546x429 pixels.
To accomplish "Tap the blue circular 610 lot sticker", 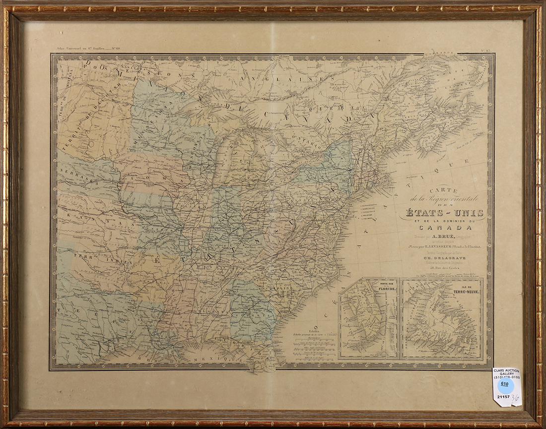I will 505,384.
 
